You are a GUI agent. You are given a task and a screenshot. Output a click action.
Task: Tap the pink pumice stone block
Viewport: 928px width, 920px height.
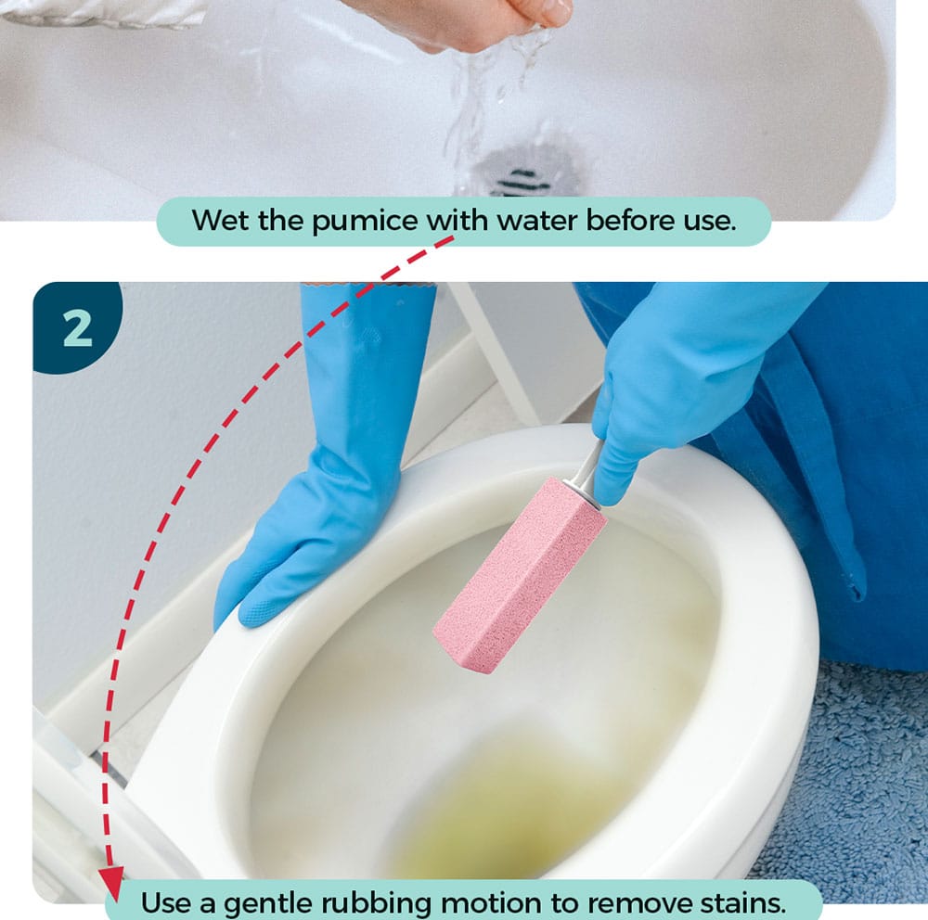[x=521, y=575]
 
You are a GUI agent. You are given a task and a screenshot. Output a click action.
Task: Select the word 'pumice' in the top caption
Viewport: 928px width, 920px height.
[x=365, y=222]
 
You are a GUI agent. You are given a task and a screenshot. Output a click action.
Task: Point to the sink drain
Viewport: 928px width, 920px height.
[x=521, y=168]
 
